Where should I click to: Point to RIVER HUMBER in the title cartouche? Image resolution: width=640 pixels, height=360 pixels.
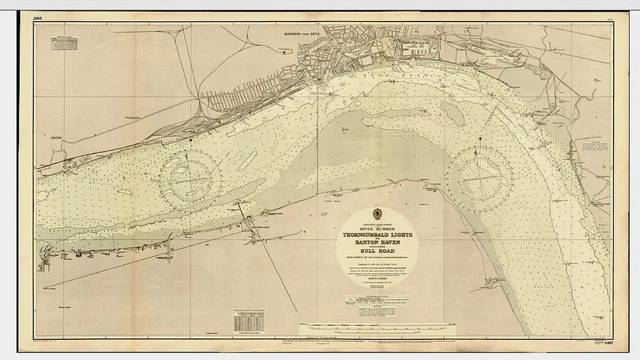pos(377,227)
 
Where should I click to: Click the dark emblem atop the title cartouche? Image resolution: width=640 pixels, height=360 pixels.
pos(377,213)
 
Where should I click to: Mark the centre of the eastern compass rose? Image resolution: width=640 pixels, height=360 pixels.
pos(478,178)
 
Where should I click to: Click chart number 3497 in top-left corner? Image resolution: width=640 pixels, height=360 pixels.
pos(38,17)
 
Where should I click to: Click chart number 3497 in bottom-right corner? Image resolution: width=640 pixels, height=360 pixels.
pos(603,342)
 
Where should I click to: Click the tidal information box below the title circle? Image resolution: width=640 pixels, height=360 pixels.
pos(377,300)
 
